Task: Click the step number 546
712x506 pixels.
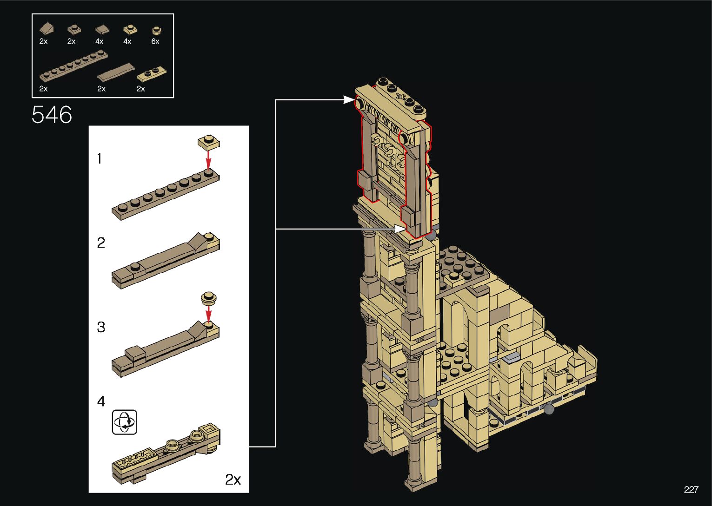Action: pos(52,114)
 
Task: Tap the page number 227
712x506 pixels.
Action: pos(691,489)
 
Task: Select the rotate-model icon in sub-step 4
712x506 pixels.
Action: pos(125,422)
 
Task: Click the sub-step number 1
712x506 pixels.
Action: pos(100,158)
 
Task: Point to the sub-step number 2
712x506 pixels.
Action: pos(101,243)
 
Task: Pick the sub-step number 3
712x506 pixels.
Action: pos(101,327)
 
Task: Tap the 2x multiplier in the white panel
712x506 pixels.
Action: pos(233,480)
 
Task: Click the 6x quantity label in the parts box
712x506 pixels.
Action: pos(155,41)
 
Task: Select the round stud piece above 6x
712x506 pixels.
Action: pos(156,30)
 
